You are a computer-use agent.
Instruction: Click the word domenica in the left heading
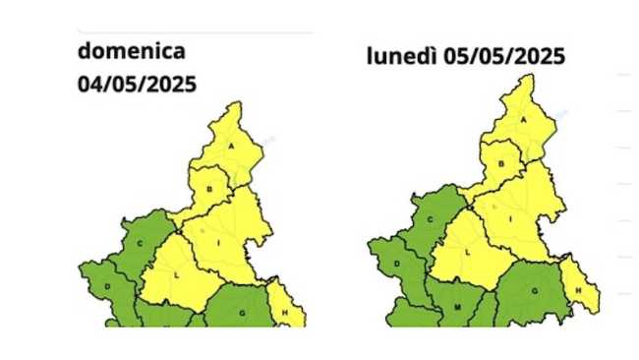click(132, 51)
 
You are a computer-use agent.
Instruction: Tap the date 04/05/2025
click(138, 84)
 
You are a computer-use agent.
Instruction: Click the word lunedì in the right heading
click(401, 56)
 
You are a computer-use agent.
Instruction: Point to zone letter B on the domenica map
click(208, 186)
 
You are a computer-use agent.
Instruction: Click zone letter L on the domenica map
click(176, 275)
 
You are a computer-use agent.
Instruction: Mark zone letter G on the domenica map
click(242, 311)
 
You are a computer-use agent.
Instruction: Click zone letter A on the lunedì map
click(524, 119)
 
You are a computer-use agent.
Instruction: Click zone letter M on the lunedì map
click(458, 308)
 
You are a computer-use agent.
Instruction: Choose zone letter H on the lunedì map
click(579, 290)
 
